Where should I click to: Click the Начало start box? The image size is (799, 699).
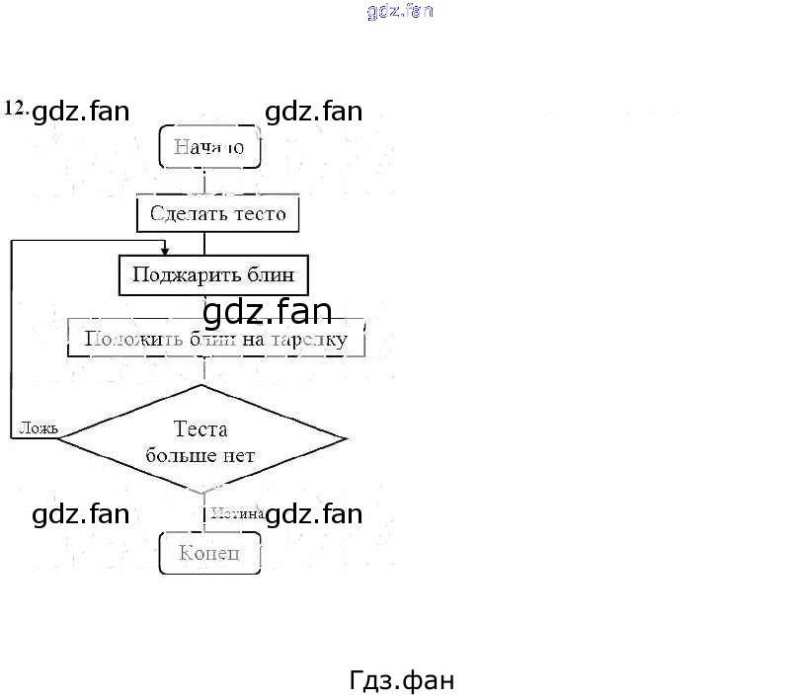pyautogui.click(x=208, y=147)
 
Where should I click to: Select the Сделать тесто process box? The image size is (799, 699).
pyautogui.click(x=217, y=213)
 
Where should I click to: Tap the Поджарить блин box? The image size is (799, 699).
pyautogui.click(x=213, y=274)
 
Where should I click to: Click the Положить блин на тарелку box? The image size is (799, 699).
pyautogui.click(x=215, y=339)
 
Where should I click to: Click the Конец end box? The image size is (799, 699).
pyautogui.click(x=209, y=553)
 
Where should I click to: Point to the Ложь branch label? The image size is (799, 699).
pyautogui.click(x=38, y=428)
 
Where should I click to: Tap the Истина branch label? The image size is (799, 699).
pyautogui.click(x=236, y=513)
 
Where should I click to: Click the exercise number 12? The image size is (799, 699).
pyautogui.click(x=16, y=109)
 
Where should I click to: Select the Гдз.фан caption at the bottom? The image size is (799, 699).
pyautogui.click(x=401, y=680)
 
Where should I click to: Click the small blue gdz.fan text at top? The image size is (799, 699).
pyautogui.click(x=400, y=12)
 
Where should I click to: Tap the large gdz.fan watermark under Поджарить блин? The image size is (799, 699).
pyautogui.click(x=267, y=312)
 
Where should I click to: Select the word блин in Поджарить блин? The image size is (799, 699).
pyautogui.click(x=272, y=274)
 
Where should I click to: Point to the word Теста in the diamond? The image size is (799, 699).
pyautogui.click(x=200, y=429)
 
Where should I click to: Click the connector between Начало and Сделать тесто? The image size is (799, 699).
pyautogui.click(x=204, y=181)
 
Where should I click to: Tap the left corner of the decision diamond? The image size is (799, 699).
pyautogui.click(x=59, y=439)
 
